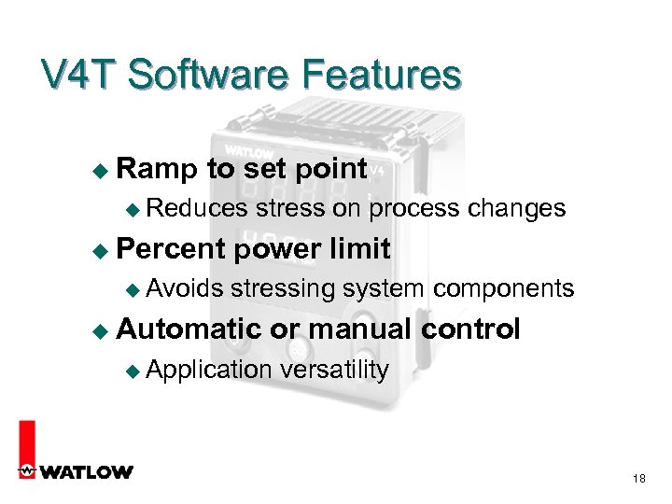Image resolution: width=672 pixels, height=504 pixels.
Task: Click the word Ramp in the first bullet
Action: tap(158, 169)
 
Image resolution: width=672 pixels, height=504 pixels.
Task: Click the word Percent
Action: tap(172, 249)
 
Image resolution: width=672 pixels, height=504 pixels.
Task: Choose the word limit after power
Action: tap(359, 249)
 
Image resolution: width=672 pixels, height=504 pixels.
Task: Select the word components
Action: tap(503, 289)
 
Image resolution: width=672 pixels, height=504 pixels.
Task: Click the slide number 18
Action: tap(639, 479)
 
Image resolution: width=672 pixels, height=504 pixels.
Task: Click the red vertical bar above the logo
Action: tap(27, 439)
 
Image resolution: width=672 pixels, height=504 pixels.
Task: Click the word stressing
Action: tap(284, 289)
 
